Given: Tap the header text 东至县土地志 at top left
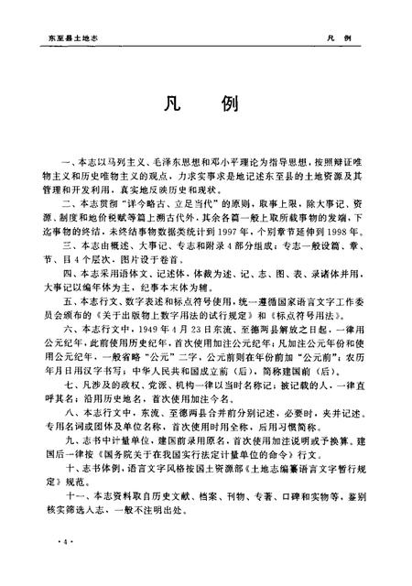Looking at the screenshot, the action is click(68, 39).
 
